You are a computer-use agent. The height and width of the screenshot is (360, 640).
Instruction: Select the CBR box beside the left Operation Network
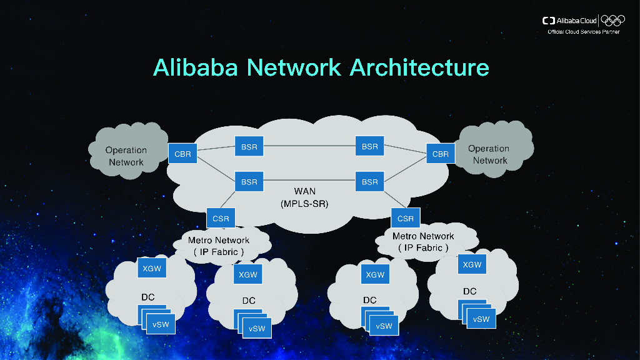coord(182,153)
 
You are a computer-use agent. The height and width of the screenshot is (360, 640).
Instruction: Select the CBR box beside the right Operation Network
coord(441,154)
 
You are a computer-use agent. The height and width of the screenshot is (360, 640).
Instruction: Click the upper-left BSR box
coord(249,147)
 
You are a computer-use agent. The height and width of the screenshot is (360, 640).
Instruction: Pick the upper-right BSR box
coord(369,147)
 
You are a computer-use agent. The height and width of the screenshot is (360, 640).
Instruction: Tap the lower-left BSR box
coord(249,182)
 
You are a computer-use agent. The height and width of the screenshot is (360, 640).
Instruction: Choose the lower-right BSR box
coord(369,182)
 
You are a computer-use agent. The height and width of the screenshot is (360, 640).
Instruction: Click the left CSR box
coord(221,219)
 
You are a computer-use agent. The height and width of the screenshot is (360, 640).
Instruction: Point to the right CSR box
coord(406,219)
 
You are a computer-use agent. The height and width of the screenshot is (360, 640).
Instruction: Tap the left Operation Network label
coord(126,156)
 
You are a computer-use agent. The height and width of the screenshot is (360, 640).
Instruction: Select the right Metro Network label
coord(423,242)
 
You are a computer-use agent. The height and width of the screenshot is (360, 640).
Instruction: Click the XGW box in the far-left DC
coord(152,269)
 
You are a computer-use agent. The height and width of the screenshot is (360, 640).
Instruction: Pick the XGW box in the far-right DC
coord(472,264)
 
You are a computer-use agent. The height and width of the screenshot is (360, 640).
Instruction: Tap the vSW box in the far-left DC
coord(161,325)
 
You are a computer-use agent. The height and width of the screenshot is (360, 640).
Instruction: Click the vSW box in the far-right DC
coord(481,319)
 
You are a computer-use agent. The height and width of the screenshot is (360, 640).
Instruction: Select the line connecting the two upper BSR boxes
coord(309,147)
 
